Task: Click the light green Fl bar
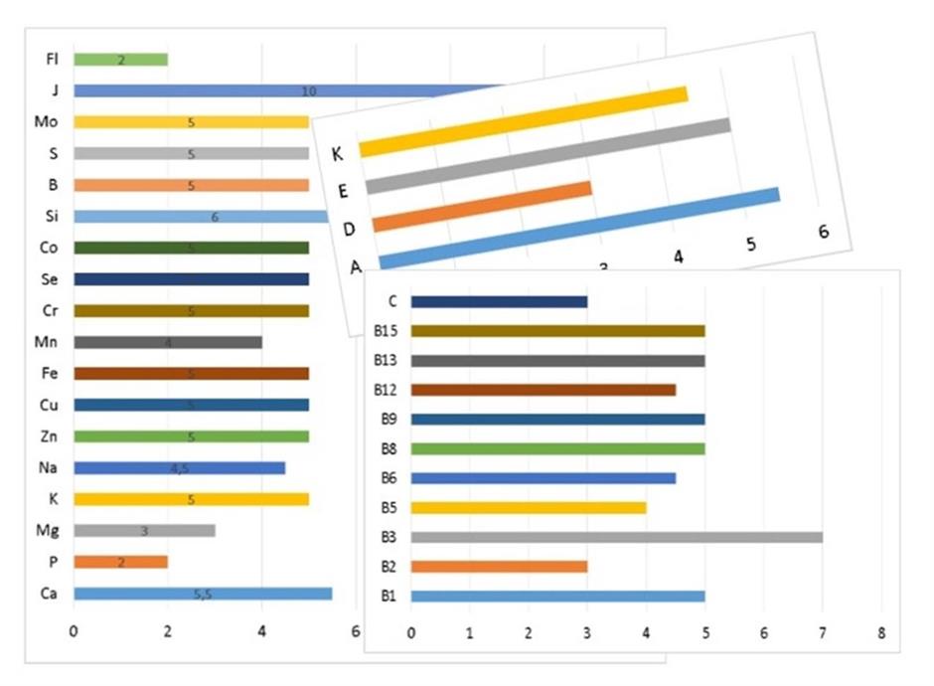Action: click(x=120, y=60)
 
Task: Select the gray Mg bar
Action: click(x=144, y=531)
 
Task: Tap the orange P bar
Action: click(x=120, y=562)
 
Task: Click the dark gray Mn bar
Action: click(x=168, y=342)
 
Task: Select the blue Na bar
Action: click(x=179, y=468)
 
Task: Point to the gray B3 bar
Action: click(x=616, y=537)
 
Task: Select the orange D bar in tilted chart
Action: click(x=483, y=206)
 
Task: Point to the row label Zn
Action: click(x=51, y=436)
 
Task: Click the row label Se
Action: click(x=51, y=279)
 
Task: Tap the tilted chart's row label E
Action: click(x=343, y=191)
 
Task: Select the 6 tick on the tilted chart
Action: click(x=824, y=231)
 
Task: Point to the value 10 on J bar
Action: click(x=308, y=91)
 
